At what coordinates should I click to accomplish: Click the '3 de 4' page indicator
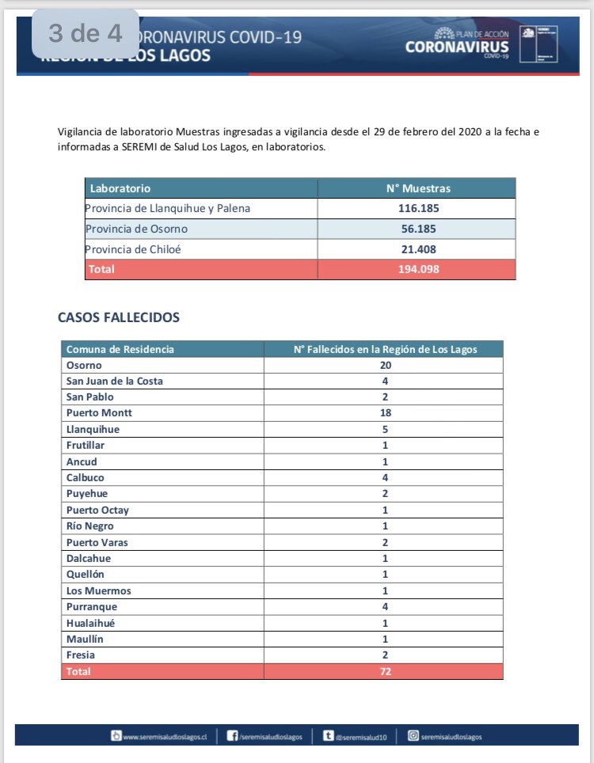[86, 34]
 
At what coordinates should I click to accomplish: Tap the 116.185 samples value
[417, 209]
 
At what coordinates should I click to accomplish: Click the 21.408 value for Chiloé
[417, 249]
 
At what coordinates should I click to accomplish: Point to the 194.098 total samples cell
[417, 269]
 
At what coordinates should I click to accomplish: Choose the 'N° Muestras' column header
[417, 188]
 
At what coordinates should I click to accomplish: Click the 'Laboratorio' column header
[120, 188]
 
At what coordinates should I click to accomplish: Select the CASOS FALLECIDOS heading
[119, 317]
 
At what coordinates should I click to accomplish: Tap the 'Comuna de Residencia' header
[120, 349]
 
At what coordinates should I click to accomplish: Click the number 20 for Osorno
[385, 365]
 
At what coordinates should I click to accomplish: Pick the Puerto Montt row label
[99, 413]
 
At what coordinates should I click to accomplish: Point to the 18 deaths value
[385, 413]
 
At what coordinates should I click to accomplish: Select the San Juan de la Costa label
[115, 381]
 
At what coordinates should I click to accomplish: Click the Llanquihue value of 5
[385, 429]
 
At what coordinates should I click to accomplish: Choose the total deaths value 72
[385, 671]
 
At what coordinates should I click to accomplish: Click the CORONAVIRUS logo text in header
[457, 47]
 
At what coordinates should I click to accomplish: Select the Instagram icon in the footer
[413, 736]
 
